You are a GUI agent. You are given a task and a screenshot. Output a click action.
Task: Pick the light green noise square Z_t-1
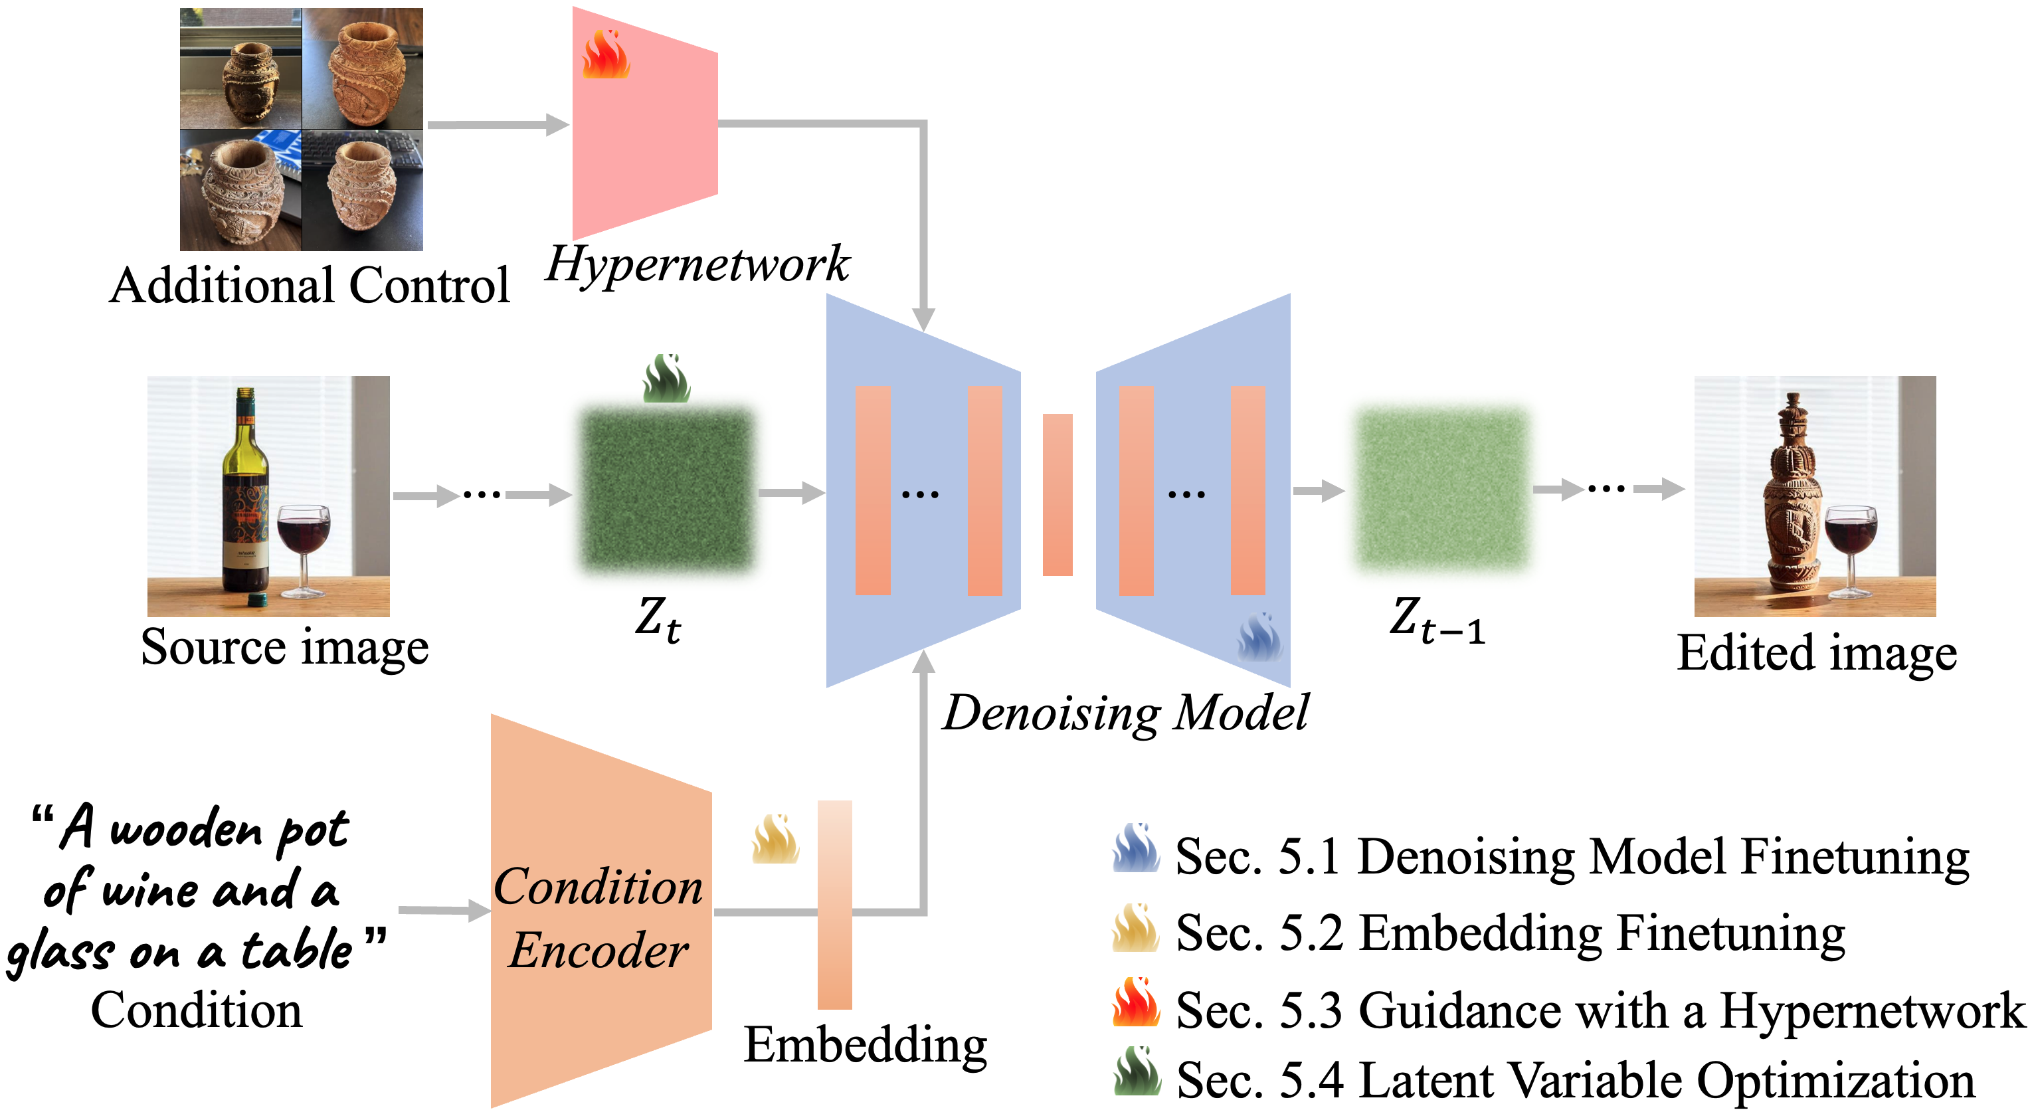pyautogui.click(x=1441, y=489)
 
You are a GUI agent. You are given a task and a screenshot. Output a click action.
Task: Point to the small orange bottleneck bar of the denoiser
pyautogui.click(x=1058, y=494)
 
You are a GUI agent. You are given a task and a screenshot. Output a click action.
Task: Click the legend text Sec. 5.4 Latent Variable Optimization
pyautogui.click(x=1574, y=1079)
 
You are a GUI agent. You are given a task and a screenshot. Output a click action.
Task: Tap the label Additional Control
pyautogui.click(x=310, y=284)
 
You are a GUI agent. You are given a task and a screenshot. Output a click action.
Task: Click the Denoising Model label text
pyautogui.click(x=1125, y=713)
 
